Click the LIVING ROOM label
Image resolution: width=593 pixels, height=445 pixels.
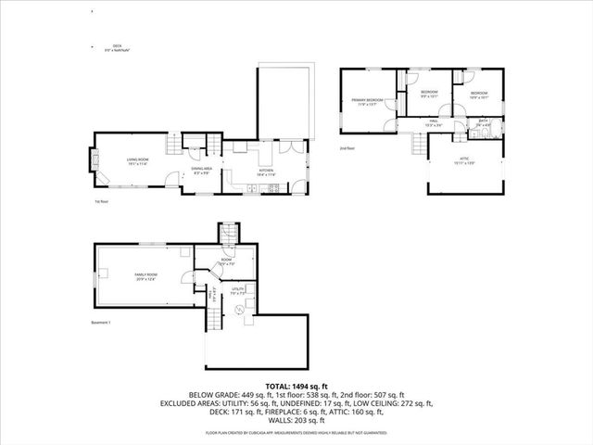click(139, 163)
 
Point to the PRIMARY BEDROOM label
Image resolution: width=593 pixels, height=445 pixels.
click(369, 101)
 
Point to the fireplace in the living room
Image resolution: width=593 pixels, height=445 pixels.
click(93, 161)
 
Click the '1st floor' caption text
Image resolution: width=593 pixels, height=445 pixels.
click(102, 201)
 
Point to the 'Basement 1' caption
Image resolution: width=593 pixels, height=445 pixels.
click(101, 323)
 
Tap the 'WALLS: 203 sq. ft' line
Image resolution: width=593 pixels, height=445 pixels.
click(296, 423)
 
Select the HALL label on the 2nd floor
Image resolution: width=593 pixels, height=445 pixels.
click(434, 122)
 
